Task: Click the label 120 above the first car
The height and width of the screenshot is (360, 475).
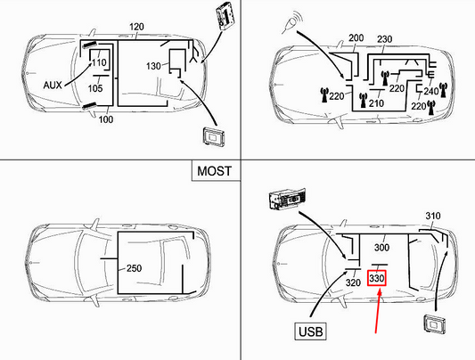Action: (135, 29)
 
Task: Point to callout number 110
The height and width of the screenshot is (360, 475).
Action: (100, 63)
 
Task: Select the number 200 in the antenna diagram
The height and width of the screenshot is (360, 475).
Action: (357, 39)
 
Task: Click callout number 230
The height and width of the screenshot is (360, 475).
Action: (386, 39)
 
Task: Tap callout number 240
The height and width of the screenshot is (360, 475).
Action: (431, 90)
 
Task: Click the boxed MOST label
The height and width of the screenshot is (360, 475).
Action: (214, 169)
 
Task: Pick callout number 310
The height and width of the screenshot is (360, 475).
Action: (433, 217)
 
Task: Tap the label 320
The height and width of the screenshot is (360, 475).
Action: (353, 282)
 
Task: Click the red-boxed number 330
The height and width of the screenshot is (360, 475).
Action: (378, 279)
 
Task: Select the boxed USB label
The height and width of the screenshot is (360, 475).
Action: (307, 331)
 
